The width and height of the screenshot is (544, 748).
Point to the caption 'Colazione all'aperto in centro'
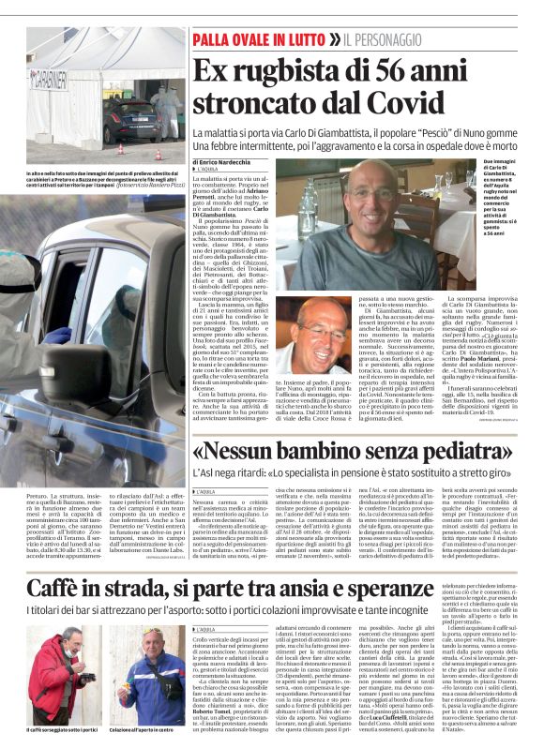point(144,726)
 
